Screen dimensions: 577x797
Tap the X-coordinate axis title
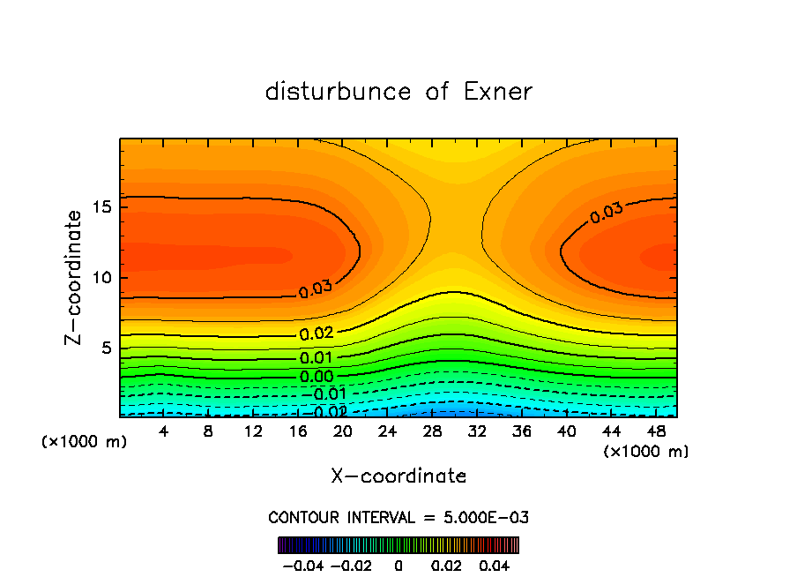point(398,476)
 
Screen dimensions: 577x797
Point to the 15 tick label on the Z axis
point(99,207)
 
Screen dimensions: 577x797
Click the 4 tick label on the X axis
point(164,431)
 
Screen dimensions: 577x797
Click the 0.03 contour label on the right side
point(607,212)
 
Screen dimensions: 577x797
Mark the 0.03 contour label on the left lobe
point(315,288)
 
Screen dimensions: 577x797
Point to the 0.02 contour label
point(315,334)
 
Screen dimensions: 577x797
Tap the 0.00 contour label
point(315,377)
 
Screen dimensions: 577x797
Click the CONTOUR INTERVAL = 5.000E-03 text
point(398,517)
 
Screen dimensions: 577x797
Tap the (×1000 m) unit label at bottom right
point(646,452)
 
